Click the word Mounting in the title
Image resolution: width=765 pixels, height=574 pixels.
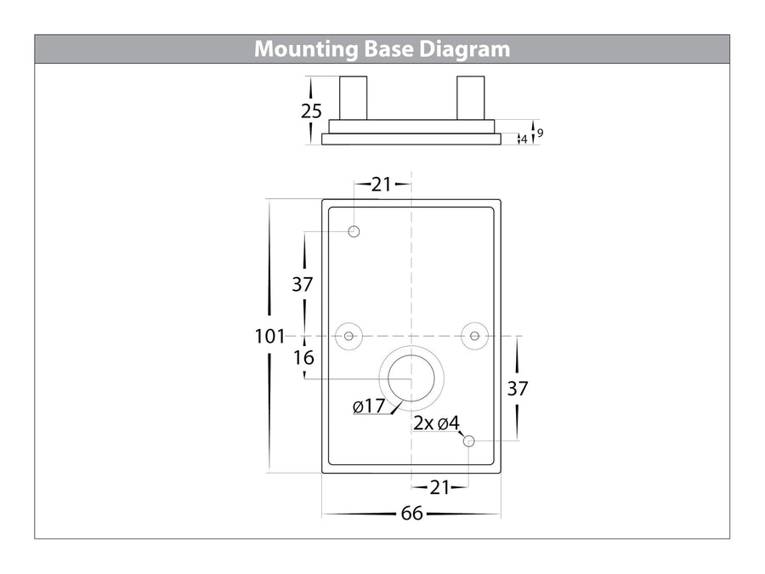coord(306,50)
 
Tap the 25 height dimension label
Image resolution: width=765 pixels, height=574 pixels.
coord(311,111)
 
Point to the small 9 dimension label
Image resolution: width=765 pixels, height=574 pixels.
coord(540,133)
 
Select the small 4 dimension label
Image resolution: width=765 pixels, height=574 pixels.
coord(524,139)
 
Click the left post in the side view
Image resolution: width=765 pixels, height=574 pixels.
coord(354,98)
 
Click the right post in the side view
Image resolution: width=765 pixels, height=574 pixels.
coord(470,98)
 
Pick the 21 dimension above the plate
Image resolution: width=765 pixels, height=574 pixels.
coord(382,185)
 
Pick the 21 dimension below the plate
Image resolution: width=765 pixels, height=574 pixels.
coord(439,487)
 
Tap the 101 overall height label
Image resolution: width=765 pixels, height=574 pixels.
coord(269,336)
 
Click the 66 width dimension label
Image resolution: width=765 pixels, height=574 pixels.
coord(411,514)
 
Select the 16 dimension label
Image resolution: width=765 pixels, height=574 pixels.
coord(303,358)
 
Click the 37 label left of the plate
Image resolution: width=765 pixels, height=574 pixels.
coord(303,284)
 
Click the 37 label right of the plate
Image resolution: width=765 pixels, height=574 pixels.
coord(518,389)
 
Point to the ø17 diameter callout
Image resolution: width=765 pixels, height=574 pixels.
coord(369,406)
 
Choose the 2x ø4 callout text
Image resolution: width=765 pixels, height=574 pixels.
coord(437,423)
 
